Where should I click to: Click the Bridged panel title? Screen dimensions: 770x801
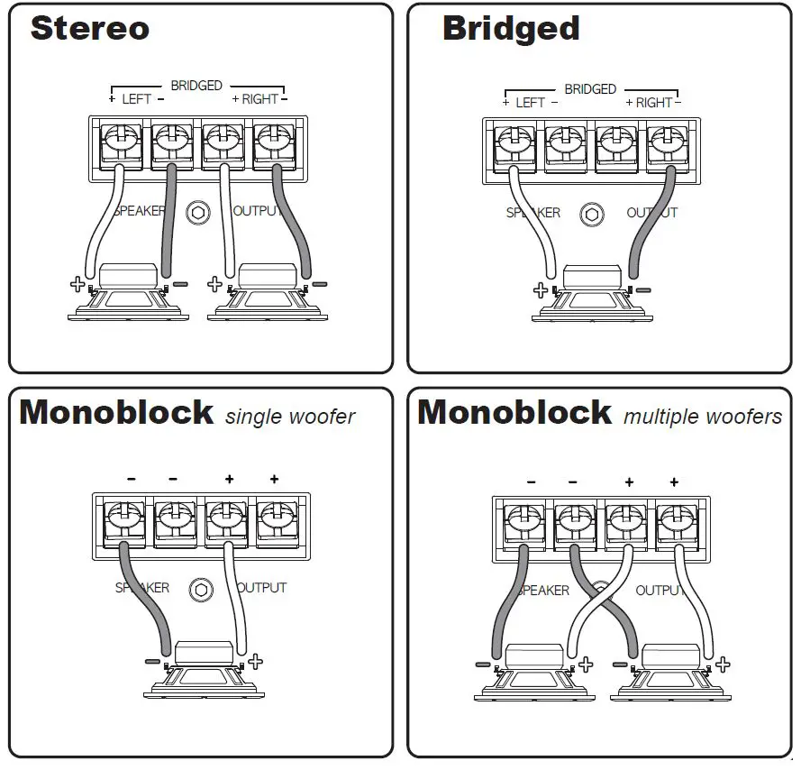[511, 28]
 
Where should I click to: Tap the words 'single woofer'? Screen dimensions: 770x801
[290, 417]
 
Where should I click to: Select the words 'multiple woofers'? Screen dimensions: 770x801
[703, 416]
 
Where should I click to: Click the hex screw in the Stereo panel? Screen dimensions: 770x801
[198, 213]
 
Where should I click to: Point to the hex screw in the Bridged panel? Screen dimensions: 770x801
[591, 215]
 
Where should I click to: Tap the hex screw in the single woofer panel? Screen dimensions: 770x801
[201, 589]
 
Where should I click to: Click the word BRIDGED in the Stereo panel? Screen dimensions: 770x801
[196, 86]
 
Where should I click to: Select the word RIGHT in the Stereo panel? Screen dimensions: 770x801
[259, 99]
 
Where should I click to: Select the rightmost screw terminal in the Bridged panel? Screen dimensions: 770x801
[664, 144]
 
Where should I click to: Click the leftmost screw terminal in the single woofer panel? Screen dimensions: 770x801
[123, 519]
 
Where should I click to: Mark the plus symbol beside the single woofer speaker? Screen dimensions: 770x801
[255, 662]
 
